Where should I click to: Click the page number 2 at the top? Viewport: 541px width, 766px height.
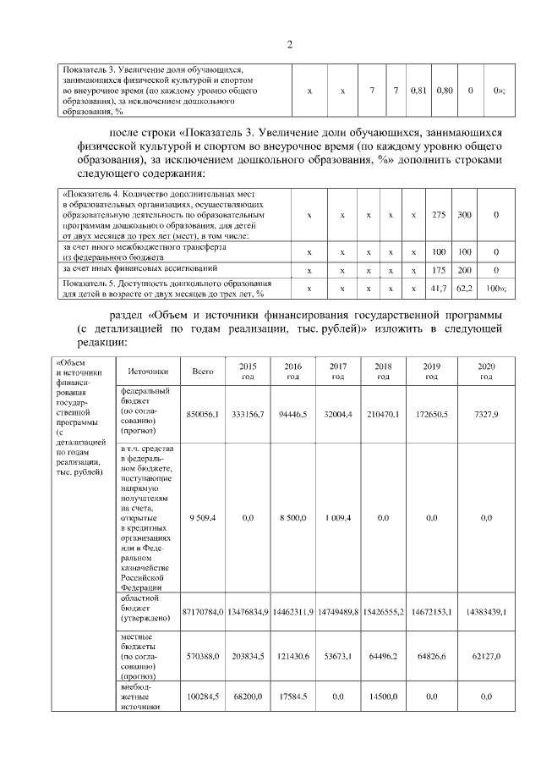pos(290,44)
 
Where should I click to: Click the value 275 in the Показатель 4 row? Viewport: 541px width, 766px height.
pos(439,216)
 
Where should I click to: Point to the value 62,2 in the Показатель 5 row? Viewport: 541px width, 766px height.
pos(464,289)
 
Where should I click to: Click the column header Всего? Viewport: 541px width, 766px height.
pos(203,371)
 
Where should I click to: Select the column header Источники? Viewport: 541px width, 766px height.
pos(148,371)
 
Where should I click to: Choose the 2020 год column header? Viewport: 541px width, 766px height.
pos(486,371)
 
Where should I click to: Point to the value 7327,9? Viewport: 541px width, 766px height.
pos(486,413)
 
